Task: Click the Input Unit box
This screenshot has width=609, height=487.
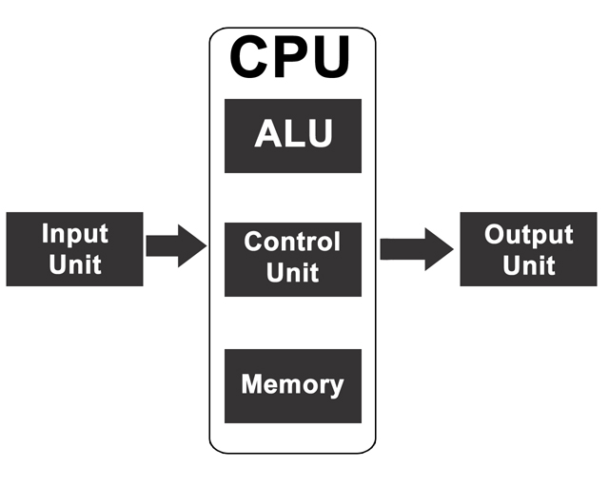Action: [74, 249]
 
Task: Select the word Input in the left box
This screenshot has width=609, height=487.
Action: [74, 234]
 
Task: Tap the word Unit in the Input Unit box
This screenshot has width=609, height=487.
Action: [74, 263]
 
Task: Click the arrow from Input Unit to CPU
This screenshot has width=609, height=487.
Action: [176, 246]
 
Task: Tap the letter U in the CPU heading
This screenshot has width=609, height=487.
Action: [334, 58]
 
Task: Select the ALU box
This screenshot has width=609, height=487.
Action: [292, 135]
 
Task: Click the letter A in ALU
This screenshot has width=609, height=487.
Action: [269, 134]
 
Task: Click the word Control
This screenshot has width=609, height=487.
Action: [292, 242]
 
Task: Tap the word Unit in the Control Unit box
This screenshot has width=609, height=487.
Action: [292, 273]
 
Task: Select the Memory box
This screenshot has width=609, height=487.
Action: [292, 385]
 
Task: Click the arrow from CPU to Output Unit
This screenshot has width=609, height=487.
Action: [416, 249]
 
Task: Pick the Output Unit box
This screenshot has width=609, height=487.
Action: [528, 249]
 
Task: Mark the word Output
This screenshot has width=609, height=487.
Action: [528, 235]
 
